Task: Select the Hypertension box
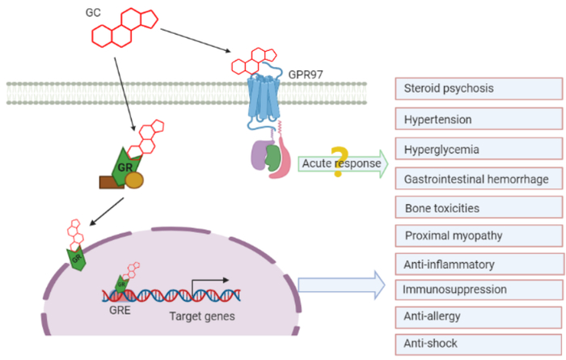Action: coord(478,120)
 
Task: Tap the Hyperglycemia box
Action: coord(478,150)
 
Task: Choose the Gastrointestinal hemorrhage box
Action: coord(478,178)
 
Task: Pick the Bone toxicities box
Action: coord(478,207)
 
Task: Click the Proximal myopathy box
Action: coord(478,235)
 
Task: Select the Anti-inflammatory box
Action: coord(478,264)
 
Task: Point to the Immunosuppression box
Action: coord(478,289)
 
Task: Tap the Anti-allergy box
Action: coord(478,316)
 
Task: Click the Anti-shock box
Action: coord(478,343)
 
